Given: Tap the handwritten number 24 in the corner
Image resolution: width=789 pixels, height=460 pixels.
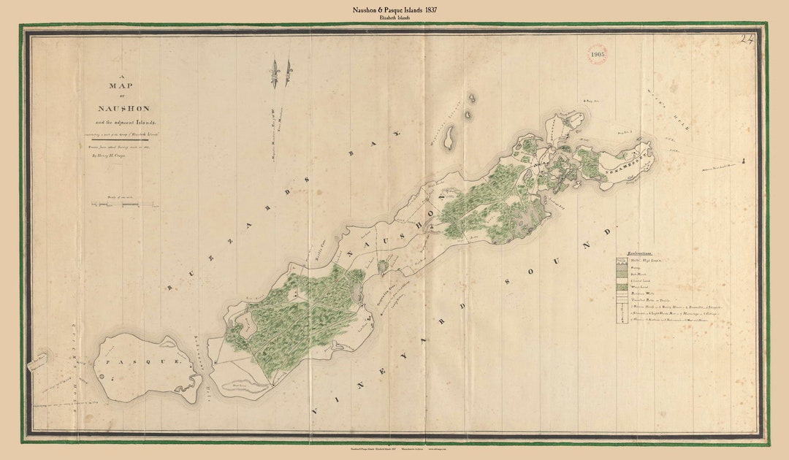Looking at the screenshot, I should (x=747, y=40).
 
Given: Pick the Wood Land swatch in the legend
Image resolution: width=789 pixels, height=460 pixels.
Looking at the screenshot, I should (x=622, y=286).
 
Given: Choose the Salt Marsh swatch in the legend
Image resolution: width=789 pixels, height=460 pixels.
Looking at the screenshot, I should (x=622, y=273).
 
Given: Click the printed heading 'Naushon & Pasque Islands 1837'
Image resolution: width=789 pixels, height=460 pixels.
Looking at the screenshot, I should (x=394, y=9).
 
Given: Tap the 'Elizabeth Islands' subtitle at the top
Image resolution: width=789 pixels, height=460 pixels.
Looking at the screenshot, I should (x=394, y=18).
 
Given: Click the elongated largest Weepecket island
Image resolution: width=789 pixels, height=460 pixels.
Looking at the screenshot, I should (x=451, y=136).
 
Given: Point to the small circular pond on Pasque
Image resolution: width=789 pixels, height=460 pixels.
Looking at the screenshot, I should (x=110, y=377).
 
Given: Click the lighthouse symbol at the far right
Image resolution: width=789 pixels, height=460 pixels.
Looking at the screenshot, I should (x=743, y=161).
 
